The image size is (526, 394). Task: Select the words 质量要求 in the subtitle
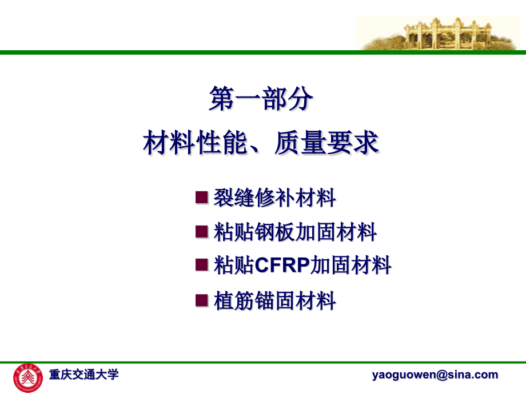click(326, 143)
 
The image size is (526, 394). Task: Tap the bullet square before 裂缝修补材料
click(201, 198)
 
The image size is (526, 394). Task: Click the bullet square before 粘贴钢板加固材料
click(201, 231)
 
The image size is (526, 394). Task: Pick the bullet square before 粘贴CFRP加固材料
click(201, 264)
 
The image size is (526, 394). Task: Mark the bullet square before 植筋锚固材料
click(201, 299)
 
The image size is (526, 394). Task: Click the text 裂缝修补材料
click(274, 198)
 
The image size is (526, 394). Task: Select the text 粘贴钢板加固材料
click(295, 232)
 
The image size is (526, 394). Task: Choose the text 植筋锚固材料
click(274, 300)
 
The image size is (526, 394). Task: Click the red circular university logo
click(28, 377)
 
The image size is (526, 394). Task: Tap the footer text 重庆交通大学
click(83, 375)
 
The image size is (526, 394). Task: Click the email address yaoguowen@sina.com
click(435, 375)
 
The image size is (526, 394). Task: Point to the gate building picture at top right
click(440, 33)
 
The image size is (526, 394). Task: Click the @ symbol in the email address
click(443, 375)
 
